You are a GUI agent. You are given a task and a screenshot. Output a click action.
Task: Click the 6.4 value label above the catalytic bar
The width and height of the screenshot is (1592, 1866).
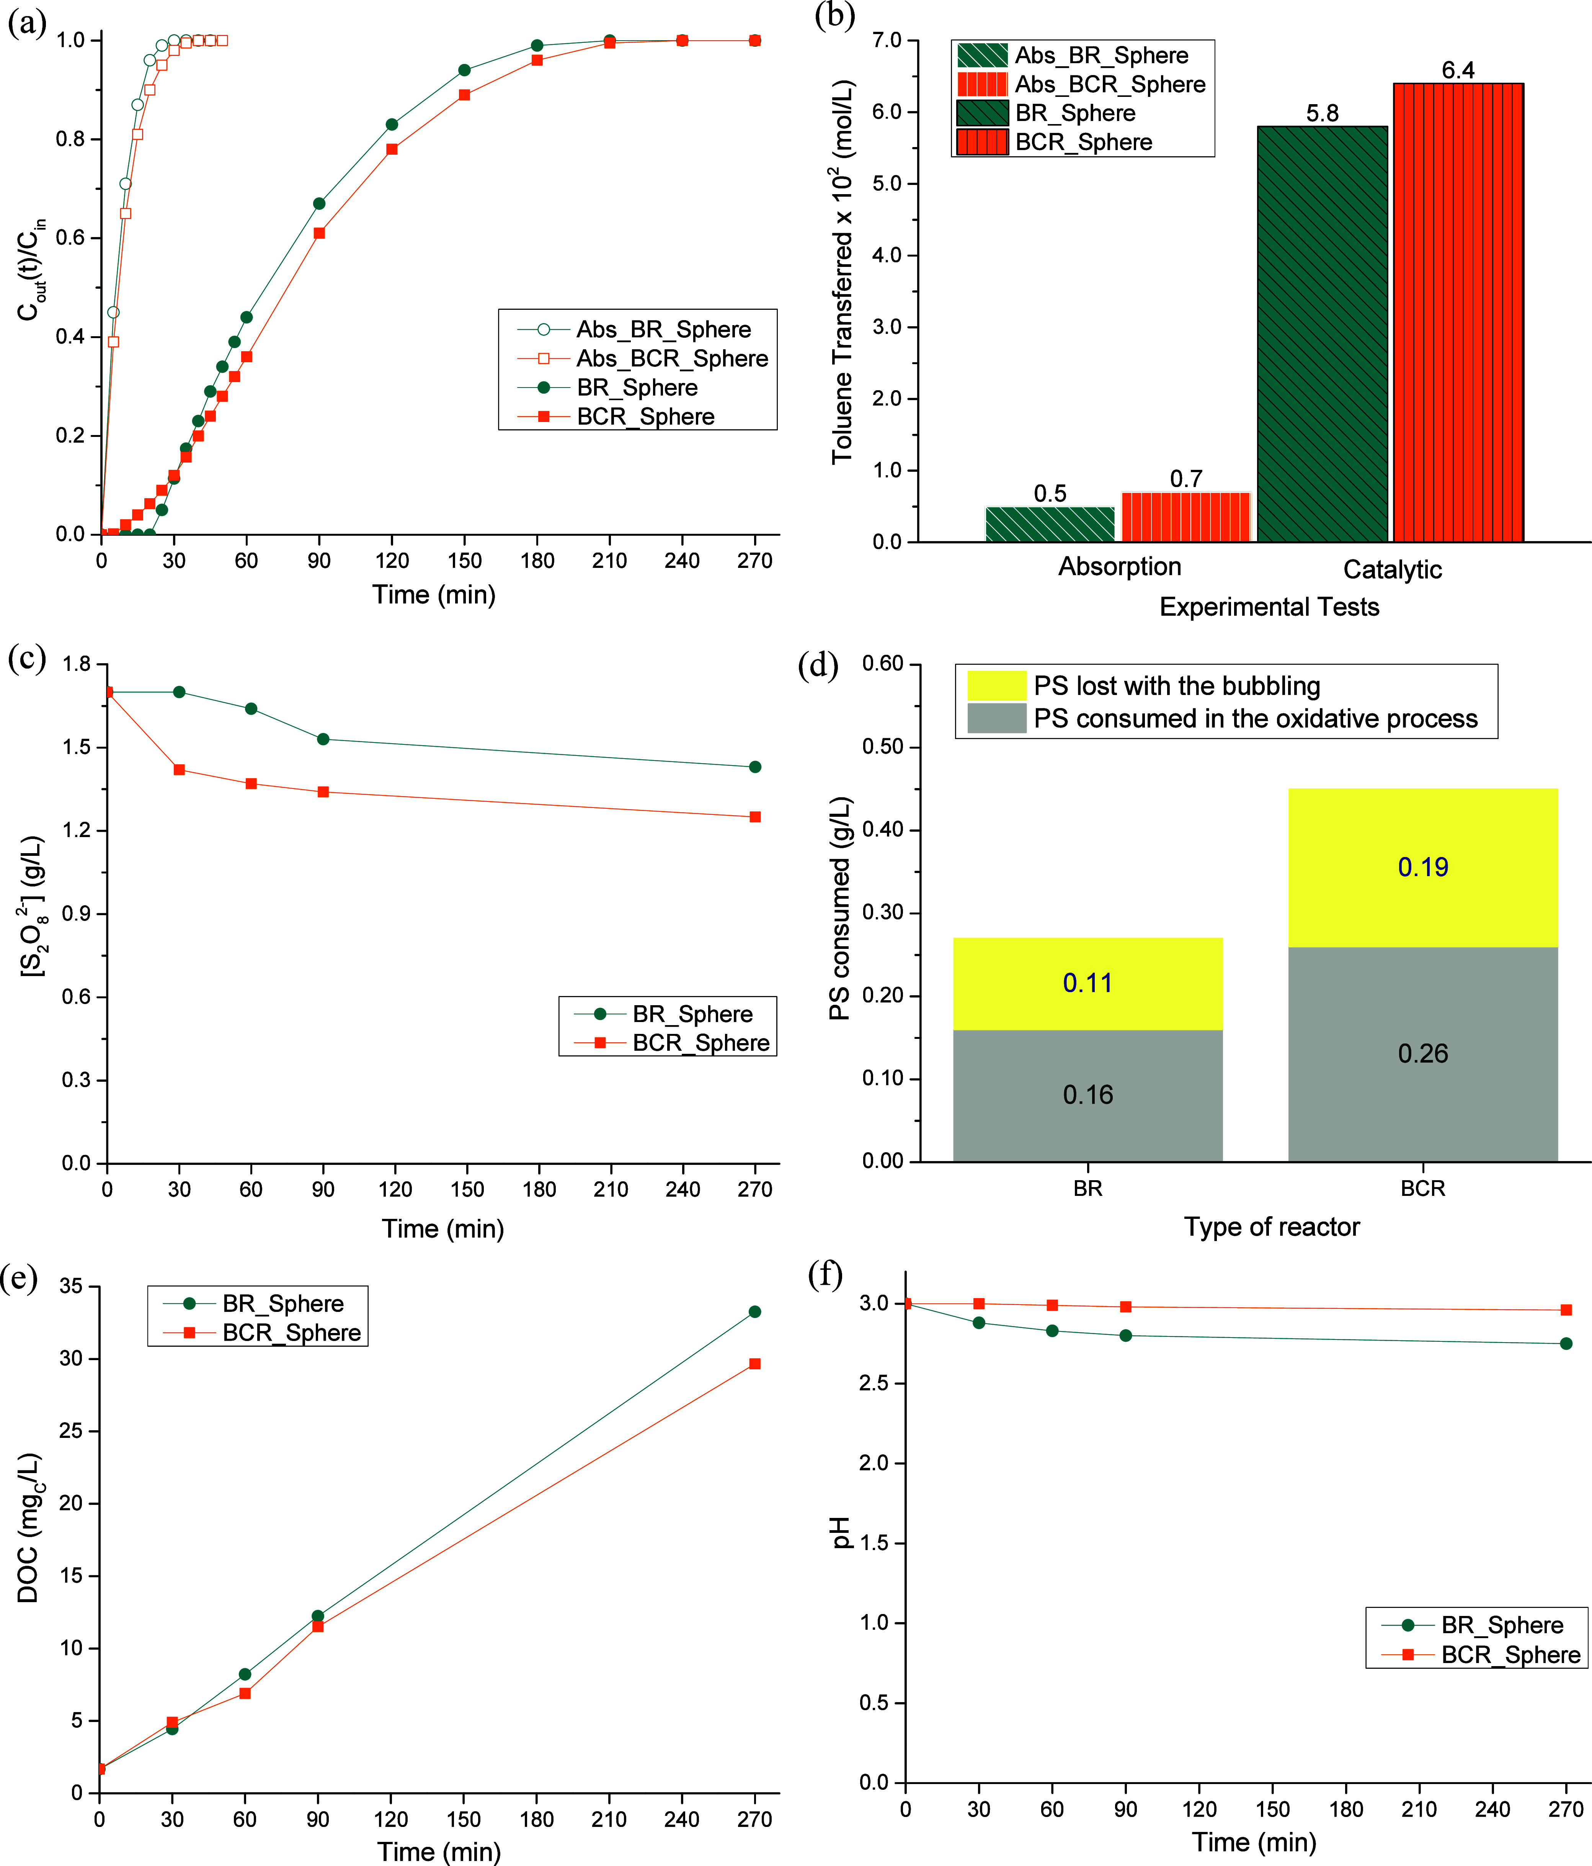[x=1458, y=70]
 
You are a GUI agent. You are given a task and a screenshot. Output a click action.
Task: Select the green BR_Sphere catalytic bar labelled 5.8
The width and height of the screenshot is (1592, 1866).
[x=1322, y=334]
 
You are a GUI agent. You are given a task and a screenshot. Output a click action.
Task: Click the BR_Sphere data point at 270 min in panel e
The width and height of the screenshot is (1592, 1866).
[x=754, y=1312]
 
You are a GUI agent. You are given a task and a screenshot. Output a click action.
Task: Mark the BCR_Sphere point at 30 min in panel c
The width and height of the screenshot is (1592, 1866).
[x=179, y=770]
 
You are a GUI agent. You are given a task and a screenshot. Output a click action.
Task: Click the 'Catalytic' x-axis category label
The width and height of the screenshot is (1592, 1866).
[x=1392, y=569]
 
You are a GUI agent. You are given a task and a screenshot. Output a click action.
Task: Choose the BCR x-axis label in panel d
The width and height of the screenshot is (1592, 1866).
[x=1423, y=1189]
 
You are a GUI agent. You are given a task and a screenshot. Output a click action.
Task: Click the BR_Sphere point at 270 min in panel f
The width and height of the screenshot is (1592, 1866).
[x=1566, y=1344]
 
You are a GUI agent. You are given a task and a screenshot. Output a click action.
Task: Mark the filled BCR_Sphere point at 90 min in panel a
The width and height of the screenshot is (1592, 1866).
[x=319, y=233]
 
